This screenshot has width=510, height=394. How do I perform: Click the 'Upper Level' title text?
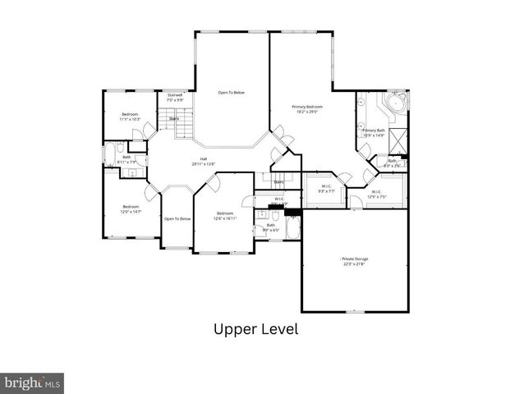[255, 330]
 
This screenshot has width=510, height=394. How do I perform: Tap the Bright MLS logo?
[32, 383]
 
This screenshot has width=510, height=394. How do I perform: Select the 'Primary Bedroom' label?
[308, 107]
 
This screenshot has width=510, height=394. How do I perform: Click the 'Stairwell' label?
[175, 95]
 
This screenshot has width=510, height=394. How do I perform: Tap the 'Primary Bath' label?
[374, 130]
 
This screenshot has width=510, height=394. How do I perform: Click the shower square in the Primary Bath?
[397, 140]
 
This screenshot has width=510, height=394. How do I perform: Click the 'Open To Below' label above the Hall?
[231, 93]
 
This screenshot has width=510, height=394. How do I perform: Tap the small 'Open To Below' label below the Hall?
[177, 218]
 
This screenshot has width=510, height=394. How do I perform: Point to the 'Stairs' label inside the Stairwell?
[174, 119]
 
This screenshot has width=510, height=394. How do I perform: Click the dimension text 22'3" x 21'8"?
[354, 263]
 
